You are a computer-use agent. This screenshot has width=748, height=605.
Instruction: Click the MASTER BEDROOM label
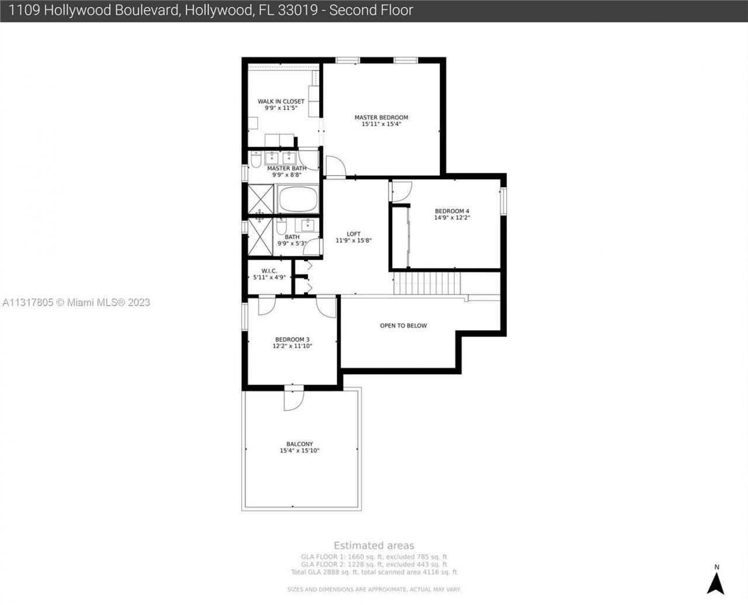point(381,117)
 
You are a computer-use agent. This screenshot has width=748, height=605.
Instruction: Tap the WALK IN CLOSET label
point(281,101)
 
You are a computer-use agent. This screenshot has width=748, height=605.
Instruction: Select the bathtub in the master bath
point(298,199)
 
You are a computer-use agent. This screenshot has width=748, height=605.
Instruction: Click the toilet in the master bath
point(256,159)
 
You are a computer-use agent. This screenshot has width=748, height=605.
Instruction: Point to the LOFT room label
point(354,234)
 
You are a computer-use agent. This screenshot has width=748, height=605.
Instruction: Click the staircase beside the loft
point(427,284)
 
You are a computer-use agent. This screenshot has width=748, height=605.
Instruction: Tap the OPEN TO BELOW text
point(403,326)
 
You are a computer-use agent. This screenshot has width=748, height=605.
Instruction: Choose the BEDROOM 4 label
point(452,211)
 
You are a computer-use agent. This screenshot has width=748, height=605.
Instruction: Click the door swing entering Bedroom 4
point(401,192)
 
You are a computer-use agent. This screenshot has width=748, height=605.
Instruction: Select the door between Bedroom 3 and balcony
point(294,399)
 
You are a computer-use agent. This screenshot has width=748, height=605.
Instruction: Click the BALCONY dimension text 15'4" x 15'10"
point(299,451)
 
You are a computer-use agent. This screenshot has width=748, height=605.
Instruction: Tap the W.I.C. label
point(269,271)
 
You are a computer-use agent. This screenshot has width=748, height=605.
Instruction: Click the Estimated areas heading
point(374,545)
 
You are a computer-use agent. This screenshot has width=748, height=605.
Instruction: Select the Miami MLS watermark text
point(76,302)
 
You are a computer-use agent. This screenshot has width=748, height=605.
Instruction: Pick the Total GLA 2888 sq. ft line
point(374,572)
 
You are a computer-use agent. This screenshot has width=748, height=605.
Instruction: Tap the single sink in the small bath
point(307,225)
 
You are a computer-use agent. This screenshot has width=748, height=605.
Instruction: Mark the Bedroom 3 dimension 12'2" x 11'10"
point(292,346)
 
